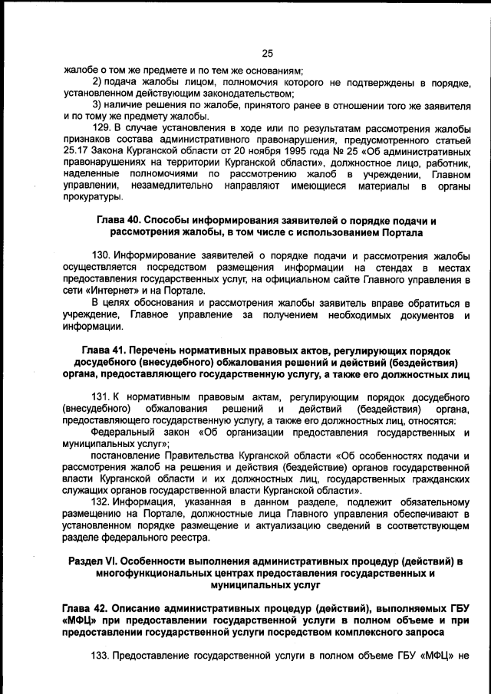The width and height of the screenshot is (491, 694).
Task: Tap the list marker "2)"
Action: pyautogui.click(x=97, y=82)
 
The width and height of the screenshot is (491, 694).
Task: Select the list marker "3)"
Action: pyautogui.click(x=97, y=104)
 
